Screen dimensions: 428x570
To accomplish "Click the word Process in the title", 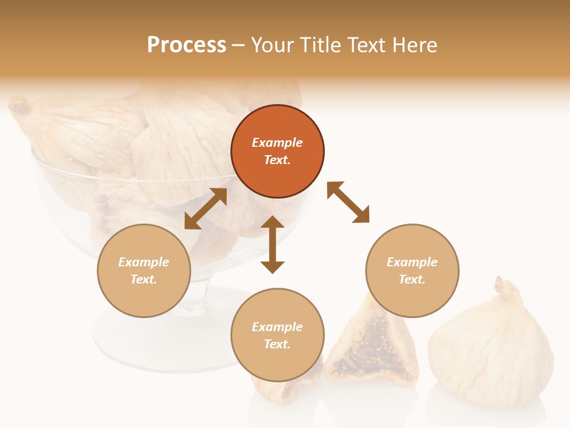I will (186, 45).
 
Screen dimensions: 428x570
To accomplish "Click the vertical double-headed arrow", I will (273, 244).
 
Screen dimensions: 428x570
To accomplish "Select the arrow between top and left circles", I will (205, 209).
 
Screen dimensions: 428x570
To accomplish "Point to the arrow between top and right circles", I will (349, 202).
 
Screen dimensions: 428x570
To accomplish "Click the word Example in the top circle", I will (277, 143).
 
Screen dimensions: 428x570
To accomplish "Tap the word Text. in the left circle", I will (144, 279).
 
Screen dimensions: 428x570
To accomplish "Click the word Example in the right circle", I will (412, 262).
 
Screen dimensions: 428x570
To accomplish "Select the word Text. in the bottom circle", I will (277, 344).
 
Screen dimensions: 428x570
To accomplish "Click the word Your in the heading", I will (274, 45).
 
